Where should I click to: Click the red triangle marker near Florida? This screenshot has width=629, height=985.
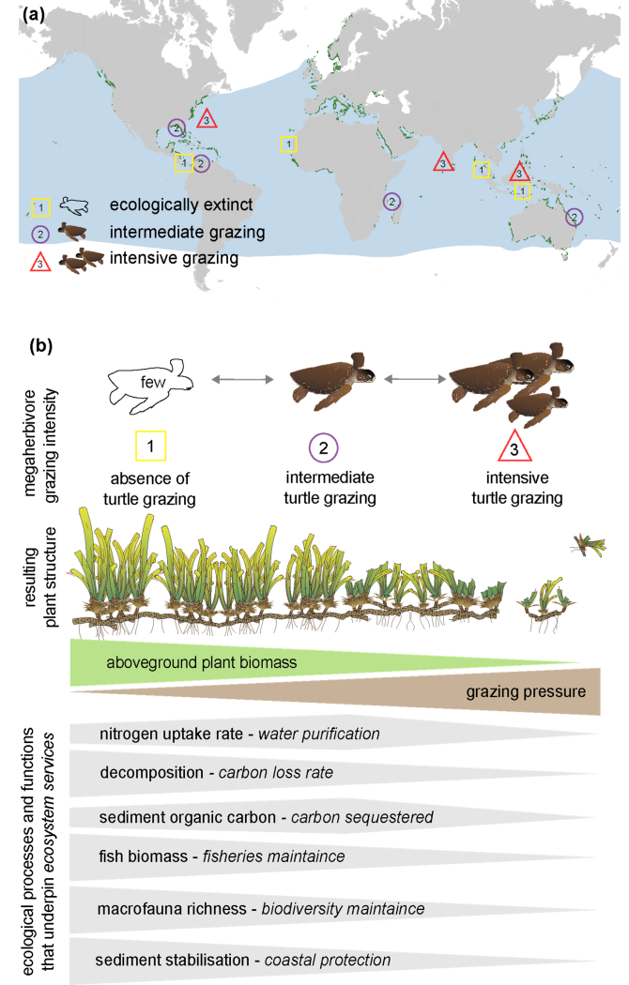click(x=207, y=119)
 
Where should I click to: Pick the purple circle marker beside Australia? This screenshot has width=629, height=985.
click(x=574, y=217)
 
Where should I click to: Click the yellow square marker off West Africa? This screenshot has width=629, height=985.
click(x=289, y=144)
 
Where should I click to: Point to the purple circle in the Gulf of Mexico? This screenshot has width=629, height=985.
click(x=176, y=128)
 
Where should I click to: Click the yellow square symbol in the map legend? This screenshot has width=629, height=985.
click(x=40, y=206)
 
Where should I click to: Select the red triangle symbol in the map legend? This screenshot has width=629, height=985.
click(x=40, y=263)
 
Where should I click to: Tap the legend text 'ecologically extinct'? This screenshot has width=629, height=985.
click(x=180, y=205)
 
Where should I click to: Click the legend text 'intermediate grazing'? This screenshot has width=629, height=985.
click(x=187, y=232)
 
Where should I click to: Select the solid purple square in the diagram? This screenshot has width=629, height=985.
click(x=329, y=450)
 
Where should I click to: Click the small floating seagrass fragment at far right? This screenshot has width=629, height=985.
click(x=589, y=544)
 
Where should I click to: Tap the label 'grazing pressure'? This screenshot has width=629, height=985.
click(x=525, y=692)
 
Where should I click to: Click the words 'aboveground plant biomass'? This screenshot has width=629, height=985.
click(x=201, y=662)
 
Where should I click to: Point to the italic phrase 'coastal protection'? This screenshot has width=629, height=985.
click(x=328, y=960)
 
